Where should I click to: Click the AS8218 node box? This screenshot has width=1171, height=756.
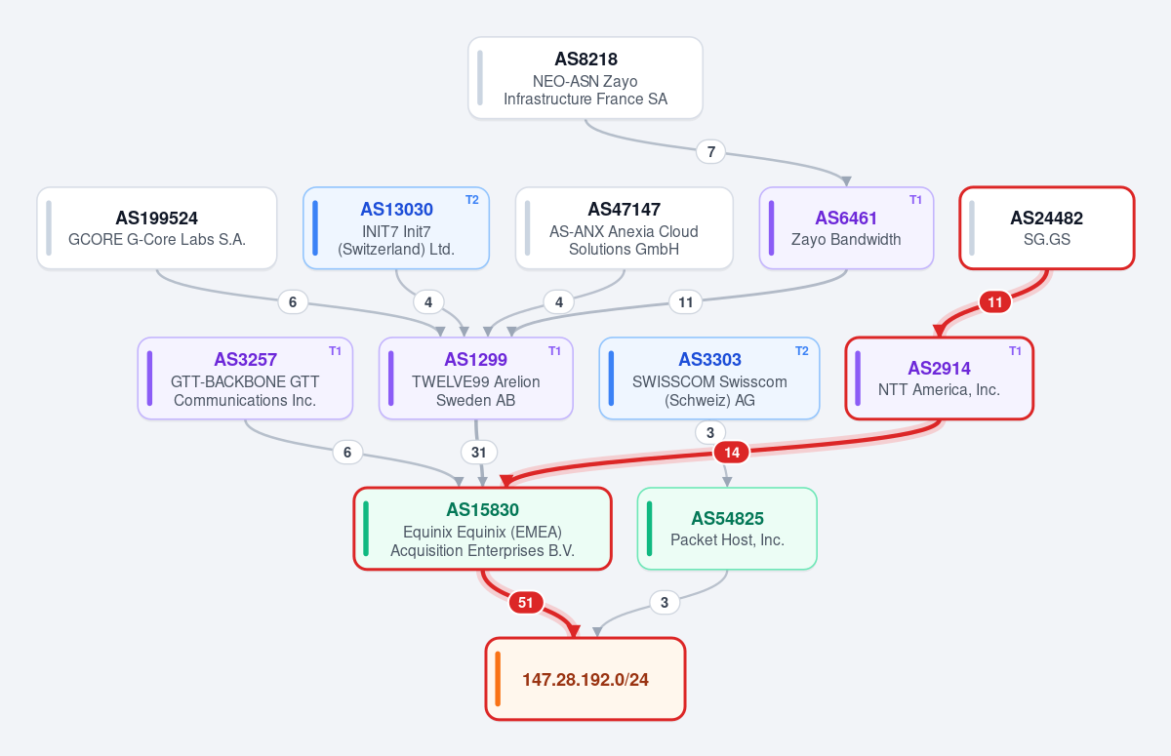point(585,78)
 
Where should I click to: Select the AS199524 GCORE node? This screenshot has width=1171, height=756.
point(157,228)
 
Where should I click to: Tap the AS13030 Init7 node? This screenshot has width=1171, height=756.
point(396,228)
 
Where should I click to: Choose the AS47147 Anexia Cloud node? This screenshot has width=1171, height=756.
point(625,228)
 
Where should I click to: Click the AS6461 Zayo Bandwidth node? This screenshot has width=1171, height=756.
point(846,228)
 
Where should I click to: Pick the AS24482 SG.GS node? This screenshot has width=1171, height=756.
point(1046,228)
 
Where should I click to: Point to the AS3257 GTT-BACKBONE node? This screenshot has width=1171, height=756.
point(245,378)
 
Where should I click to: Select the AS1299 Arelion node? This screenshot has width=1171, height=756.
point(476,378)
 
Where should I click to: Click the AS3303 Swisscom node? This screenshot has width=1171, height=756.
point(709,378)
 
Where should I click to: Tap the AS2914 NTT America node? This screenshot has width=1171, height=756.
point(940,378)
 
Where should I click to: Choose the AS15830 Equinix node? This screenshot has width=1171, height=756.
point(482,529)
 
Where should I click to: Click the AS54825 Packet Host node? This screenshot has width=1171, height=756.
point(727,529)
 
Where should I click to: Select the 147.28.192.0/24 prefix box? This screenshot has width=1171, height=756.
point(585,679)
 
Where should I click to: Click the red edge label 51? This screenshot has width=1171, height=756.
point(526,603)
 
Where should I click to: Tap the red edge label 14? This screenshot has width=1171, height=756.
point(732,453)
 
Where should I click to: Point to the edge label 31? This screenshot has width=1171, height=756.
point(479,453)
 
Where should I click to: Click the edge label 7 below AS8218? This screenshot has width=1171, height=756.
point(711,152)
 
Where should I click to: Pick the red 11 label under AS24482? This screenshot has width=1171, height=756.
point(995,302)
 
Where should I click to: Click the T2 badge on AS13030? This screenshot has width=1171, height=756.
point(472,200)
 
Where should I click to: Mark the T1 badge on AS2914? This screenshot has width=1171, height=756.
point(1015,351)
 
